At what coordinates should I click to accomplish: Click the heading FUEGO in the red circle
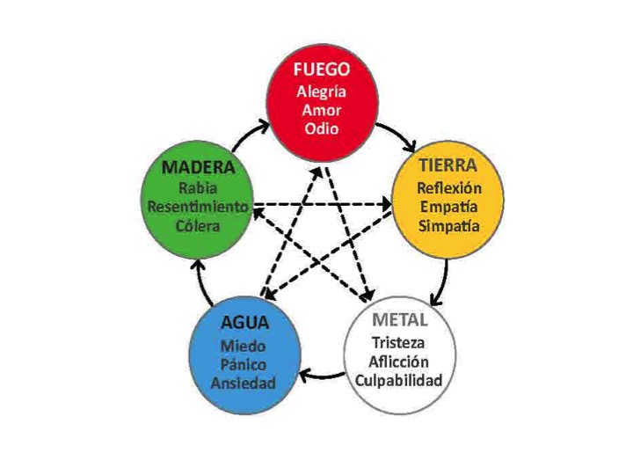322,69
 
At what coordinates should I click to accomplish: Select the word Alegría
322,92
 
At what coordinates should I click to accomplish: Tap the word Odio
322,128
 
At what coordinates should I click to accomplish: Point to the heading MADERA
198,168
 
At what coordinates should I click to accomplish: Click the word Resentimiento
198,207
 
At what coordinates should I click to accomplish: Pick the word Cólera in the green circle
198,226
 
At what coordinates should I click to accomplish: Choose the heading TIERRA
448,165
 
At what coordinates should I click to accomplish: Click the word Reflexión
449,188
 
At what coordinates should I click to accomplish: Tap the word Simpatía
449,226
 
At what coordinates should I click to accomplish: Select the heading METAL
399,320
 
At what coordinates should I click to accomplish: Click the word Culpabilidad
399,381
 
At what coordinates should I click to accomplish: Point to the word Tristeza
398,343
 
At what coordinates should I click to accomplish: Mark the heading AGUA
245,323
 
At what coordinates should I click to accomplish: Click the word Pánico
244,365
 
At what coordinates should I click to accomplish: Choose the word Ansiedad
244,383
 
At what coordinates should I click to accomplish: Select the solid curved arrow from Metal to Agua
321,376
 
